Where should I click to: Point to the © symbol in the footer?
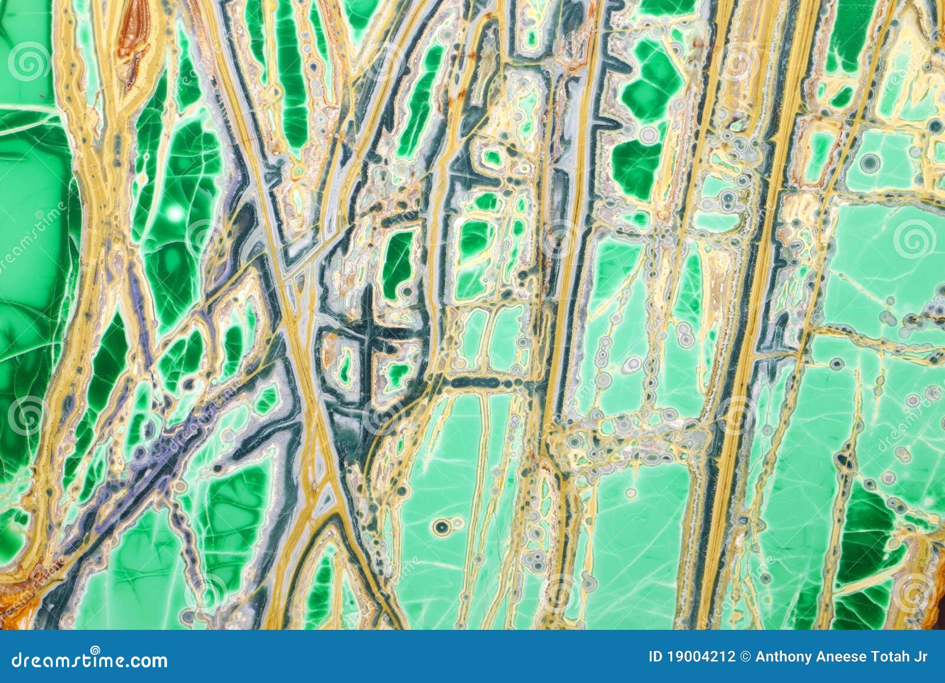745,657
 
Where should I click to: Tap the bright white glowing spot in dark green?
175,213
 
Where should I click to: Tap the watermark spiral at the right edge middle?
914,238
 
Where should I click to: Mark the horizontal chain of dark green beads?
484,383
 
